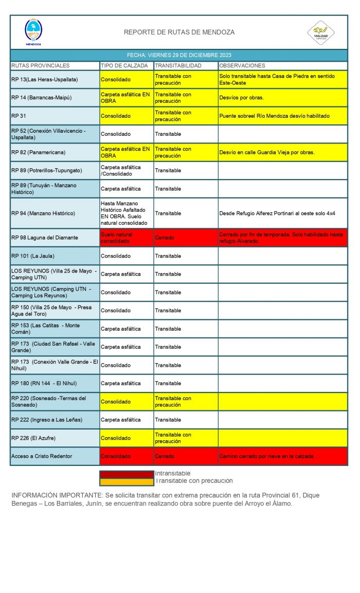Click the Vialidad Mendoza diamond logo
321,32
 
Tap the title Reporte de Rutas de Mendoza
179,32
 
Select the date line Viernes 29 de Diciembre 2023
179,55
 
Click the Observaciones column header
242,66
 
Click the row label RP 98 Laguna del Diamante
45,238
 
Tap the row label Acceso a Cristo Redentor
42,456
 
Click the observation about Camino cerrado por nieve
267,456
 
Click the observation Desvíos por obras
242,98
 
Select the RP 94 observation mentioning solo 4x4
277,213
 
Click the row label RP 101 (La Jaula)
32,256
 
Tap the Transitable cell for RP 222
168,420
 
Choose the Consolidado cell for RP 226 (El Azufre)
116,438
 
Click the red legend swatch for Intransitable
127,474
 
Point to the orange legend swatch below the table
127,481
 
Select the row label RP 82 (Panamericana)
38,152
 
